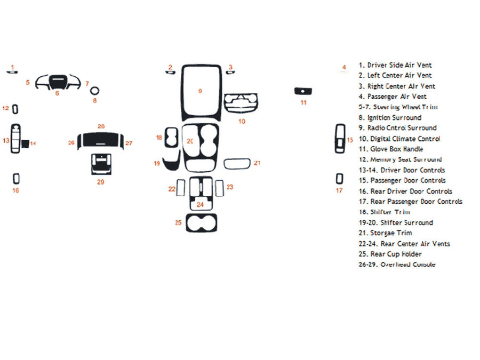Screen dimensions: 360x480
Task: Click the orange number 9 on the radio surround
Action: [x=200, y=91]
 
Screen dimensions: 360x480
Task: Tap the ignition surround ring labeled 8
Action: [x=94, y=90]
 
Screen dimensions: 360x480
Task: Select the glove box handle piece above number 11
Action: [x=303, y=91]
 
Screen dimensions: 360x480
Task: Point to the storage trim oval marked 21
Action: [x=237, y=163]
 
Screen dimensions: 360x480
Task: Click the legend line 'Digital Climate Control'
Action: [x=403, y=139]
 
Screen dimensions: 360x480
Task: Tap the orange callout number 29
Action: [x=100, y=182]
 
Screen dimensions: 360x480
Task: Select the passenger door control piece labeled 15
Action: [x=340, y=138]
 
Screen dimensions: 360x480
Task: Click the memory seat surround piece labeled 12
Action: [x=15, y=109]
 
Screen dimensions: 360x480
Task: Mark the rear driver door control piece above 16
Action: [x=16, y=178]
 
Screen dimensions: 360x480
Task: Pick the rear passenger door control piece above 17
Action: [x=339, y=178]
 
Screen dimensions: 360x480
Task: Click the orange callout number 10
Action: [x=242, y=122]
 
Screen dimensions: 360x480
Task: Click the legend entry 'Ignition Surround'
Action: [x=394, y=117]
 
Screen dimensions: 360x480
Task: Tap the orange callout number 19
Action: [x=157, y=163]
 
